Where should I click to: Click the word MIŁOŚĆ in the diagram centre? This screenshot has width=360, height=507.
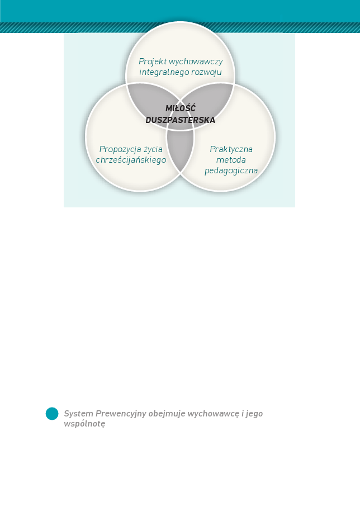[181, 108]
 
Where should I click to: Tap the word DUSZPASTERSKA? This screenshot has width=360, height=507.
[180, 120]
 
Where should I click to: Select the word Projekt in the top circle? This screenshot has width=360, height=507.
[153, 61]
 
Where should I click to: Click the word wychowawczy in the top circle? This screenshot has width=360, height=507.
[196, 61]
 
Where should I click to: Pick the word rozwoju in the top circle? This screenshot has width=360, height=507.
[206, 72]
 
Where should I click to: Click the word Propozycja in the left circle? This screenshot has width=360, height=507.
[120, 149]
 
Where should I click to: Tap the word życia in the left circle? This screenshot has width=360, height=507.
[153, 149]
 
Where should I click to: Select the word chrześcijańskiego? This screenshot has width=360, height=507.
[131, 160]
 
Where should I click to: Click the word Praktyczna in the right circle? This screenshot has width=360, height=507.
[231, 149]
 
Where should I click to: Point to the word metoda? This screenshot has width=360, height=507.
[231, 160]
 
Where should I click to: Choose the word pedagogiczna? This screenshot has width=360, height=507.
[231, 170]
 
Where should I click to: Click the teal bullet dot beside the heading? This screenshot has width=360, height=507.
[52, 414]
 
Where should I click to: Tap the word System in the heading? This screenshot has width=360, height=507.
[79, 414]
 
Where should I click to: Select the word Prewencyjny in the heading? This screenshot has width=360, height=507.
[121, 414]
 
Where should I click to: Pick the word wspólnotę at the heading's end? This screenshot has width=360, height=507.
[84, 424]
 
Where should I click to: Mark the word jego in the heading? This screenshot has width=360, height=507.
[254, 414]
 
